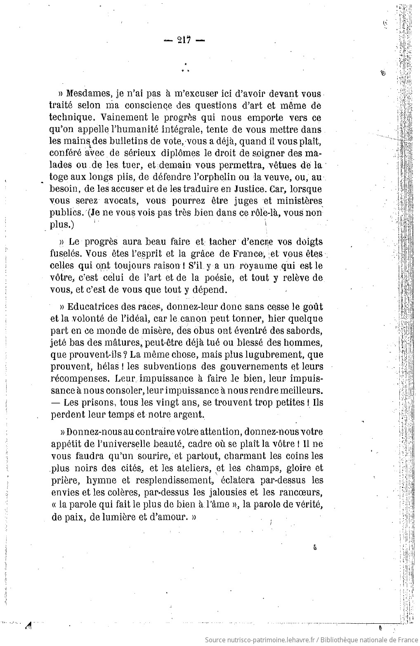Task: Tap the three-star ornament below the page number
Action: [185, 68]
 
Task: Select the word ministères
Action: [297, 201]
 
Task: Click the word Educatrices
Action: [94, 307]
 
